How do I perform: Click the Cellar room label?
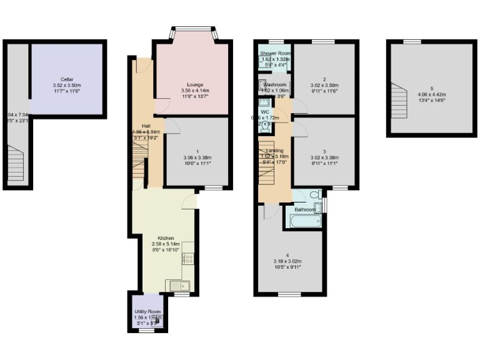tap(67, 79)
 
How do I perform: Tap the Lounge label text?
tap(195, 84)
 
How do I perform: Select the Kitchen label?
tap(166, 238)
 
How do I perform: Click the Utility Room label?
tap(147, 311)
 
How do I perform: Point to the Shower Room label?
tap(275, 54)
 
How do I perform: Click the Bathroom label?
tap(305, 209)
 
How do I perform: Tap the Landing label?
tap(275, 151)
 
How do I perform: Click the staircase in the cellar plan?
tap(17, 164)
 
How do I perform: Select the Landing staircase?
tap(267, 166)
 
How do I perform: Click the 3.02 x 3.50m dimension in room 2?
tap(324, 85)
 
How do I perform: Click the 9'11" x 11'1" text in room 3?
tap(324, 164)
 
